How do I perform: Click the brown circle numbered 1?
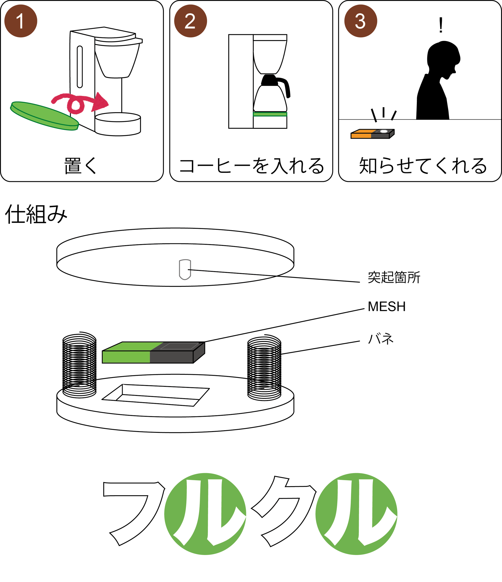coord(21,21)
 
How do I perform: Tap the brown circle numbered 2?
coord(191,21)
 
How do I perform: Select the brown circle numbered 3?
coord(361,21)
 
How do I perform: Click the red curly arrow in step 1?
coord(80,103)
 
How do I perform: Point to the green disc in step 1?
coord(45,116)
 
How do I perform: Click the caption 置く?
coord(81,166)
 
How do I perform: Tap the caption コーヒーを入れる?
coord(252,166)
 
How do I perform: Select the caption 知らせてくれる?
coord(423,166)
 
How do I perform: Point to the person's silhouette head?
coord(443,58)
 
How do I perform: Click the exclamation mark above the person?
coord(441,25)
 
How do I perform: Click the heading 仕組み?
coord(36,215)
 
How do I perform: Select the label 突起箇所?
coord(394,277)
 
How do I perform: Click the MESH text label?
coord(386,307)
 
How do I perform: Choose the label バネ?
coord(381,339)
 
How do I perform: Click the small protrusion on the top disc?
coord(185,269)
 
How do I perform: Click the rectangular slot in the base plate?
coord(156,395)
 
